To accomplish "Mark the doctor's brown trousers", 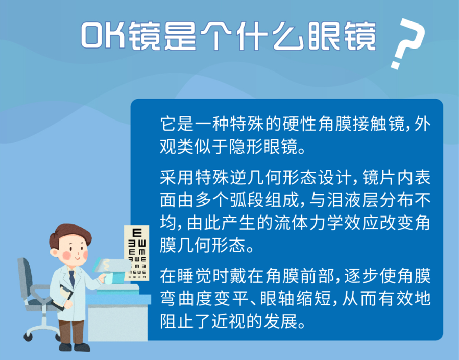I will pyautogui.click(x=71, y=327).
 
